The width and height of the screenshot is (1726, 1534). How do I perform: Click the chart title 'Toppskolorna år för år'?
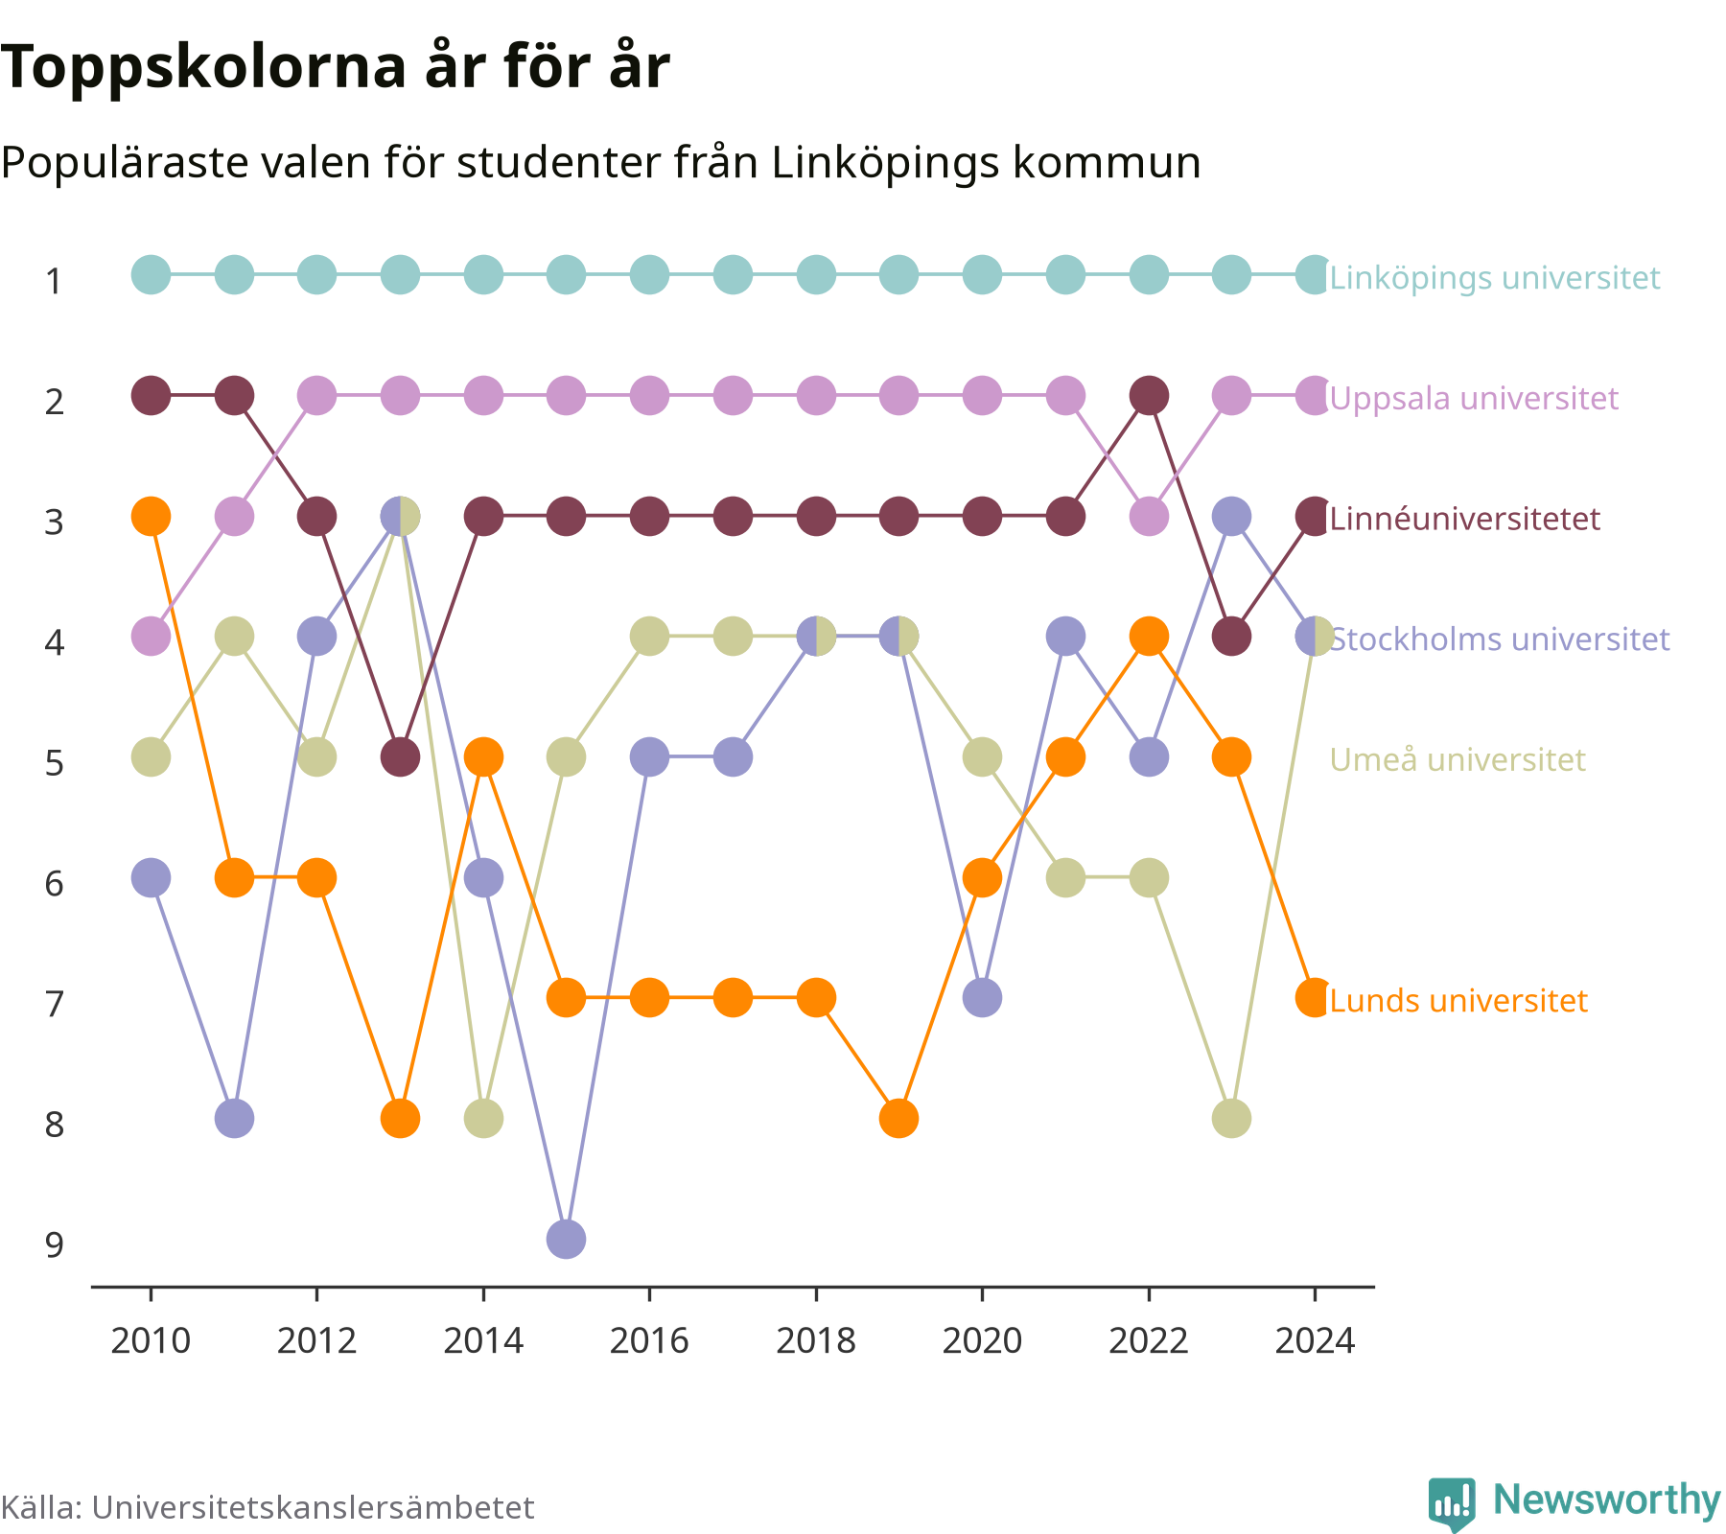pos(335,67)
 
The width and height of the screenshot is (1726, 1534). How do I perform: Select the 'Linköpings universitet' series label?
pos(1495,278)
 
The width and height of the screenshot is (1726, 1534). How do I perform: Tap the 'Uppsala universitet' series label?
pos(1474,398)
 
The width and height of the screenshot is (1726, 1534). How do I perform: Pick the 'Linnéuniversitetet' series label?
pos(1465,519)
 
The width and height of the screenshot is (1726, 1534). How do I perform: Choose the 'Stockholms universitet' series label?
pos(1500,639)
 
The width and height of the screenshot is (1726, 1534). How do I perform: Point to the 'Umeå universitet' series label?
pos(1458,759)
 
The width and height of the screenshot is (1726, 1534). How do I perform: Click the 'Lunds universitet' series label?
pos(1458,1000)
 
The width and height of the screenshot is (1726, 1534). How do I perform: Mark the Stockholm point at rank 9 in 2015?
pos(567,1239)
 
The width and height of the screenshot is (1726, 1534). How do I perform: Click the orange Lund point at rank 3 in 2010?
pos(151,516)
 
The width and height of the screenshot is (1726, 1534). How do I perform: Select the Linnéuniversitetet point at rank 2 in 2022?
pos(1149,395)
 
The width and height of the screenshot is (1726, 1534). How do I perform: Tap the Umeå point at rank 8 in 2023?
pos(1232,1118)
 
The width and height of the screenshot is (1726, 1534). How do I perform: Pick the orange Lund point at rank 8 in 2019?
pos(899,1118)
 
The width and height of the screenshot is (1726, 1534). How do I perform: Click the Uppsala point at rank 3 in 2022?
pos(1149,516)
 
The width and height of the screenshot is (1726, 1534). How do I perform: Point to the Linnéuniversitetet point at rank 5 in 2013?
pos(401,756)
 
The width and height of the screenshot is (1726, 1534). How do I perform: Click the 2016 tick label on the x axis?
pos(649,1340)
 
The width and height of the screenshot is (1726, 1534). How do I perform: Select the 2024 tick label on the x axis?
pos(1315,1340)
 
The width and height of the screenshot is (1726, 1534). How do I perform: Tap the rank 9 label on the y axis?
pos(55,1244)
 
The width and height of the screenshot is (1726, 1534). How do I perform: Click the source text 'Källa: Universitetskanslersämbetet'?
pos(268,1507)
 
